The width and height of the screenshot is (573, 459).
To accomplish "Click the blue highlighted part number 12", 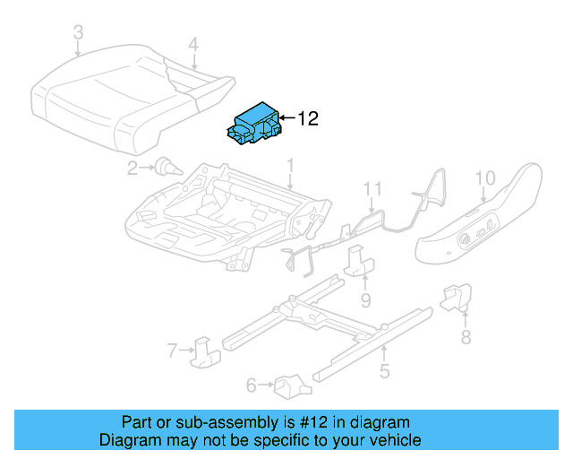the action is [253, 124].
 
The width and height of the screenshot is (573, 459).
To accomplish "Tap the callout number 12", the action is [308, 118].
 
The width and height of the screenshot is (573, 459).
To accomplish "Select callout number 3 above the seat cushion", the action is [79, 32].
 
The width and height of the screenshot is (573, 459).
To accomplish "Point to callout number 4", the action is [193, 44].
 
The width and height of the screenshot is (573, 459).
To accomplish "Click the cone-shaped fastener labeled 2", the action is [169, 168].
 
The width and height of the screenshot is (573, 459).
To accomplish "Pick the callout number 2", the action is [133, 168].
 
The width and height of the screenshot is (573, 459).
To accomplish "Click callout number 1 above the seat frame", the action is [290, 166].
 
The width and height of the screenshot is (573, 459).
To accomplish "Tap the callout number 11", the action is [372, 189].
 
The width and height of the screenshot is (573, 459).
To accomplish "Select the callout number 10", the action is [485, 178].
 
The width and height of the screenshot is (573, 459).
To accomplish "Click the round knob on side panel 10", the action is [466, 239].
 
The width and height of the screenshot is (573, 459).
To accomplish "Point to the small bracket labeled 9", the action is [359, 260].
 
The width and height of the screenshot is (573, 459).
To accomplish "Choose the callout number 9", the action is [366, 300].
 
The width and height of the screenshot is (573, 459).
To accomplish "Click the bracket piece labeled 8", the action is [456, 297].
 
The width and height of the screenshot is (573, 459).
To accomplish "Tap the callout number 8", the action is [466, 337].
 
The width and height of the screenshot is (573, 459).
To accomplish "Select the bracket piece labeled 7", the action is [205, 352].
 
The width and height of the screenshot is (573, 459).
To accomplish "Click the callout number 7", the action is [173, 351].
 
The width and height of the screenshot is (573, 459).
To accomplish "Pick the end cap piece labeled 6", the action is [293, 386].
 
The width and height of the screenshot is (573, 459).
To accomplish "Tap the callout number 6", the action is [252, 385].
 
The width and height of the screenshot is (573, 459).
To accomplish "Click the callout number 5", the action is [384, 371].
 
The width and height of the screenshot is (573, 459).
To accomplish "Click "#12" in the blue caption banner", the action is [313, 422].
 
